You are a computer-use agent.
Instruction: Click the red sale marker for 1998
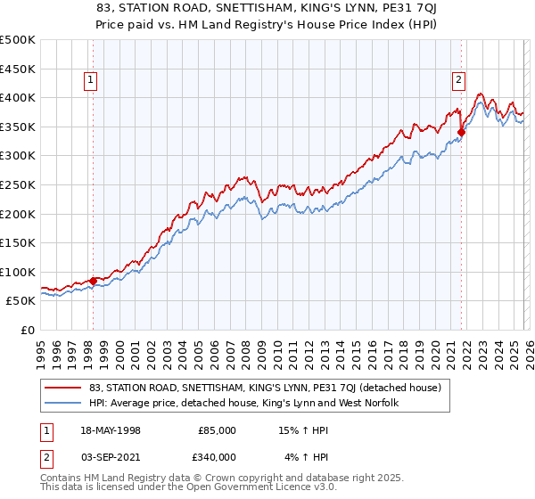(x=94, y=281)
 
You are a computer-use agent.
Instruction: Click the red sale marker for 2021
(x=461, y=133)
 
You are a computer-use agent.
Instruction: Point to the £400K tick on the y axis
(x=19, y=97)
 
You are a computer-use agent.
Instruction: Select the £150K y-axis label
(x=19, y=242)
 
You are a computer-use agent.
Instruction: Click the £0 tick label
(x=28, y=330)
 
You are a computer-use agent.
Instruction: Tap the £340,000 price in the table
(x=217, y=457)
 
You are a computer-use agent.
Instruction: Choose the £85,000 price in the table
(x=217, y=429)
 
